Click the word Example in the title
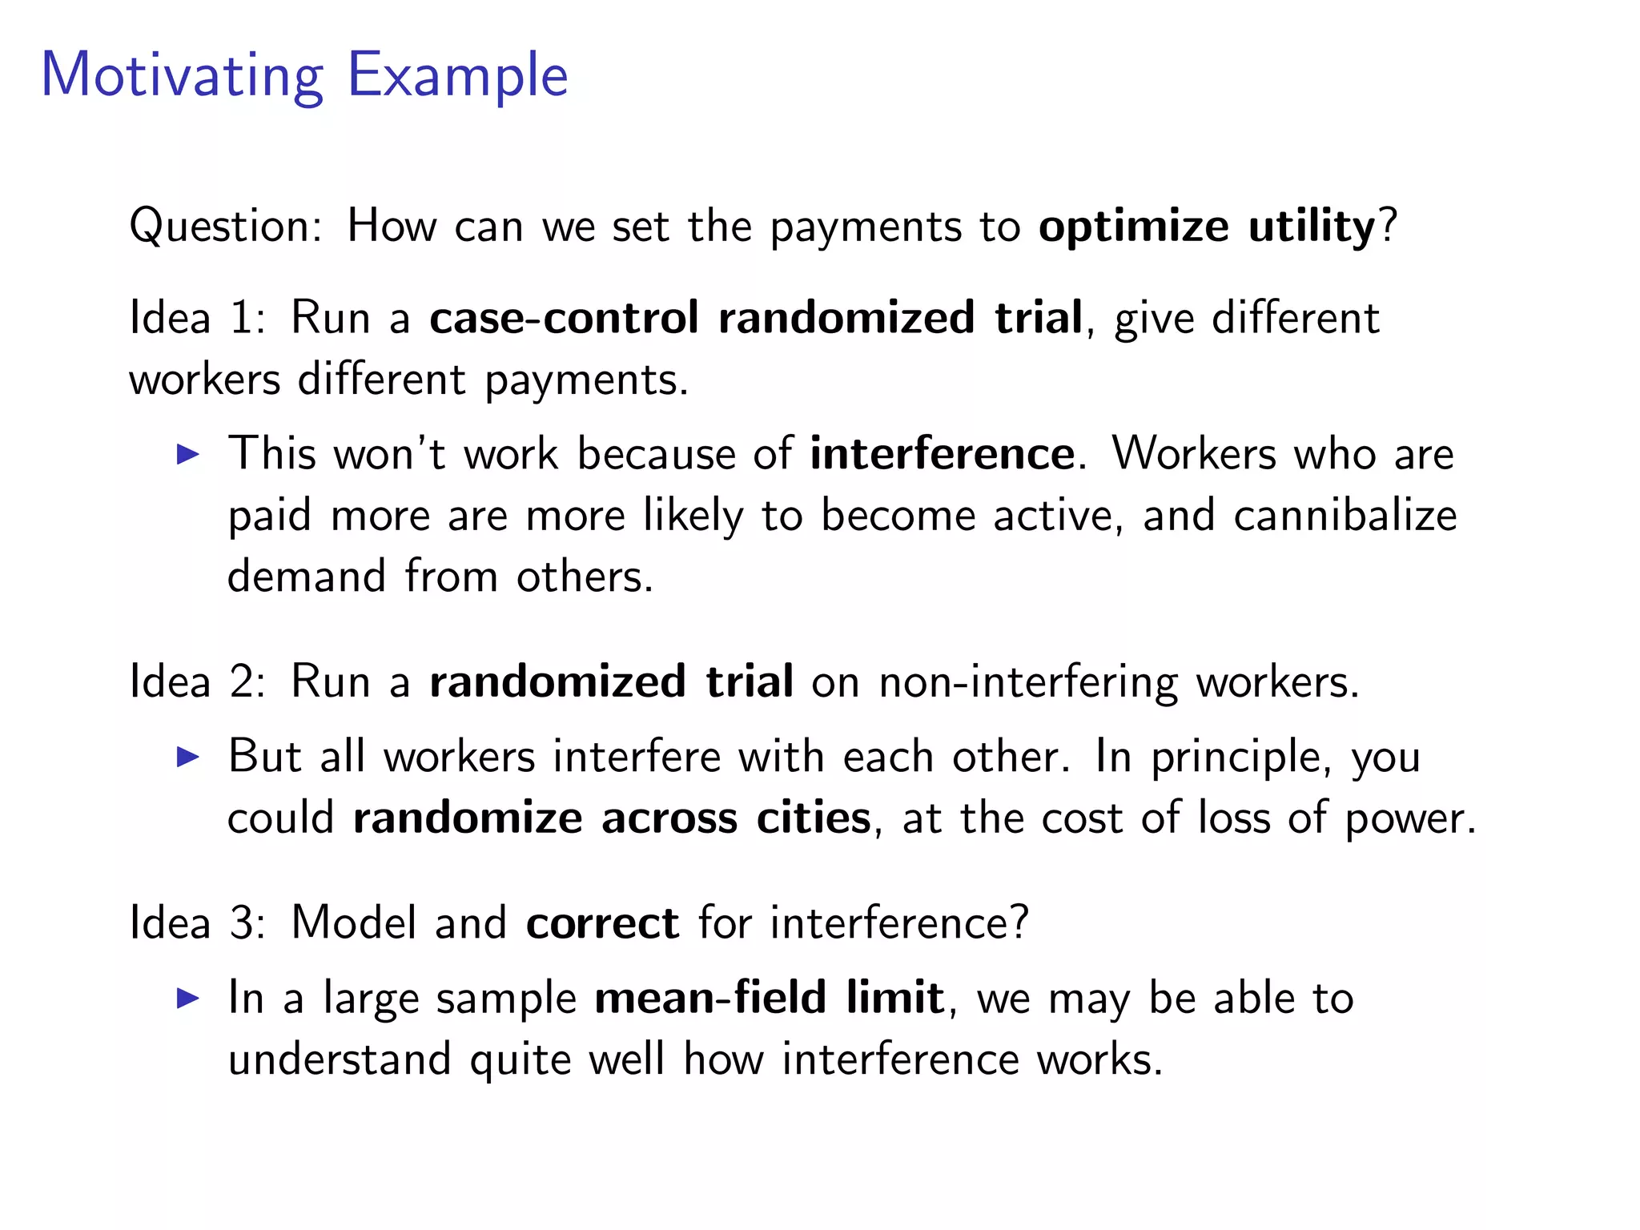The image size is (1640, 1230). [x=457, y=76]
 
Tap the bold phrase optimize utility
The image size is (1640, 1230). [x=1206, y=226]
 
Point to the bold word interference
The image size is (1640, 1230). [x=942, y=454]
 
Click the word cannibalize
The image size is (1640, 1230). [x=1345, y=515]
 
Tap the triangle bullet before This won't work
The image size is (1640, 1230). [x=187, y=455]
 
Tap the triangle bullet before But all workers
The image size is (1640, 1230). [x=187, y=757]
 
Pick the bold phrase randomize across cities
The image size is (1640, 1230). [x=612, y=818]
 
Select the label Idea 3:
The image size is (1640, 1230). [x=197, y=922]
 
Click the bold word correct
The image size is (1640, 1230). [x=602, y=923]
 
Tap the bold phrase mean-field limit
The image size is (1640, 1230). [x=769, y=998]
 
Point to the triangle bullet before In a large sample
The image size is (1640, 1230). [x=187, y=998]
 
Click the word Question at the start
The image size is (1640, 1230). [x=223, y=227]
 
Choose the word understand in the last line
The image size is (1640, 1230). [x=340, y=1059]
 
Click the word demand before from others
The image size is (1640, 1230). [x=307, y=577]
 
